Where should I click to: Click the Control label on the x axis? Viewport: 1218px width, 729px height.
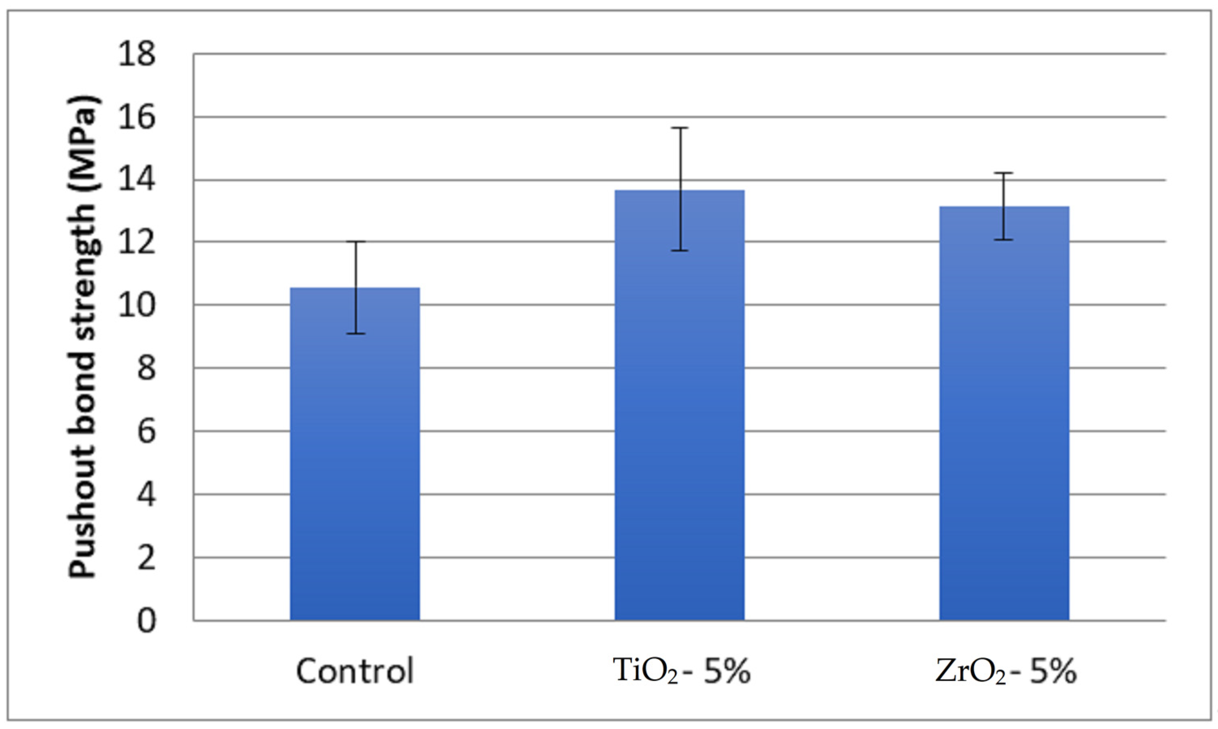(354, 671)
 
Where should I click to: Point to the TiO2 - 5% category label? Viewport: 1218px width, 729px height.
(682, 671)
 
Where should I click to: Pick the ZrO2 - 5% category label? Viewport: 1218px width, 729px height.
(1006, 671)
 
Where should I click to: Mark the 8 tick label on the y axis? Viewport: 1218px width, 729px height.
(146, 368)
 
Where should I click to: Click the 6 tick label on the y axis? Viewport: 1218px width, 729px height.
(146, 431)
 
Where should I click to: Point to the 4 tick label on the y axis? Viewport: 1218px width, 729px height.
(146, 495)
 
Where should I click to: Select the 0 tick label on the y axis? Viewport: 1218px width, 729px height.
(146, 621)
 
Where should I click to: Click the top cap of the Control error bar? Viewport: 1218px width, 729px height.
(354, 242)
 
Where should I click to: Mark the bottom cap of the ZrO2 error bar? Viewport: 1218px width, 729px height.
(1004, 240)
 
